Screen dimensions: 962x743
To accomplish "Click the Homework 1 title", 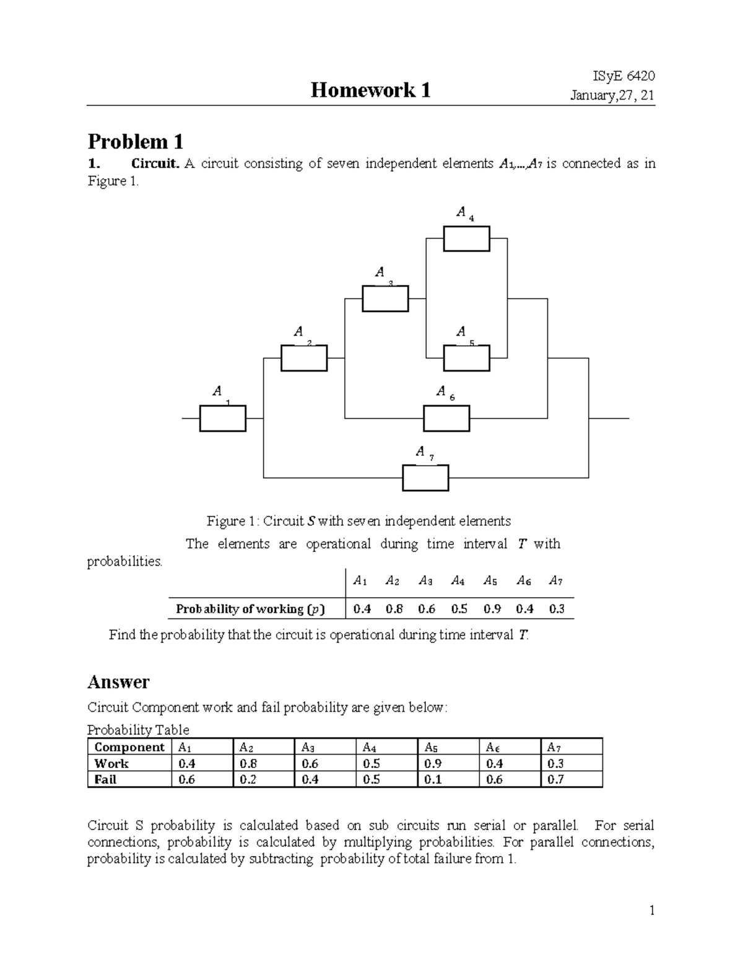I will pos(370,90).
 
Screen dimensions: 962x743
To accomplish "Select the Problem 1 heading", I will pos(135,142).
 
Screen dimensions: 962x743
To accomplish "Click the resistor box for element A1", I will pos(222,419).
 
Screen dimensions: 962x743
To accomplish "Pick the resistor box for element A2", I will pos(304,358).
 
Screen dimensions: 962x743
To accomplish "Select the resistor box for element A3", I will pos(385,299).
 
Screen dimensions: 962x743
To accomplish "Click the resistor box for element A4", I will pos(466,238).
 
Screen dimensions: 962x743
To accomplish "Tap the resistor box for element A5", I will pos(466,358).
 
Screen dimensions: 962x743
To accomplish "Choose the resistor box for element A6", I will pos(446,418).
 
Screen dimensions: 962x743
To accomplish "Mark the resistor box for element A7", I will pos(425,478).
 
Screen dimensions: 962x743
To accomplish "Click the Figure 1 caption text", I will pos(358,521).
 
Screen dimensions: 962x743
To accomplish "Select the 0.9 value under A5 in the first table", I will pos(492,609).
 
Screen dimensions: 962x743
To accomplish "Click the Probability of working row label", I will pos(250,609).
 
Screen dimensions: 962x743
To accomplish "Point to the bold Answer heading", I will pos(118,682).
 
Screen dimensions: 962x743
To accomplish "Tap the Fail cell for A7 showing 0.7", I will pos(555,779).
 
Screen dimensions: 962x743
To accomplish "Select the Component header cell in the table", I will pos(129,747).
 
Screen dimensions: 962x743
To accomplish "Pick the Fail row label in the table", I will pos(105,779).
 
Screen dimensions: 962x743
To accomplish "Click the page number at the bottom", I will pos(651,910).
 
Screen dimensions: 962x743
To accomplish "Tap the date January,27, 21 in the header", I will pos(612,96).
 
